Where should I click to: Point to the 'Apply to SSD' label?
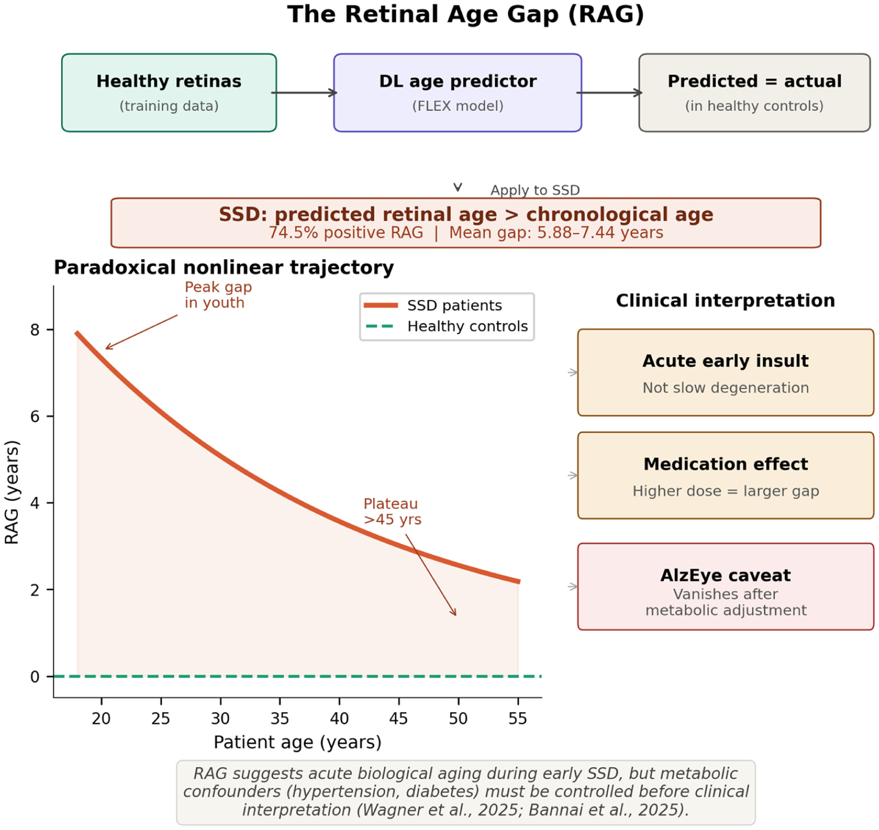[535, 190]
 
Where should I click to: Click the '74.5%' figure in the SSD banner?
[293, 233]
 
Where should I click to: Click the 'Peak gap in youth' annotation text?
[218, 295]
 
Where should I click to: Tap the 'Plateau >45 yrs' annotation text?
[392, 512]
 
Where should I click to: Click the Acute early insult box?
[726, 372]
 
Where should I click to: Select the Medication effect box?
[726, 476]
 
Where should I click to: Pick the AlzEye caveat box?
[726, 587]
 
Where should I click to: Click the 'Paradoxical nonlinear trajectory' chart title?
[224, 268]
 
